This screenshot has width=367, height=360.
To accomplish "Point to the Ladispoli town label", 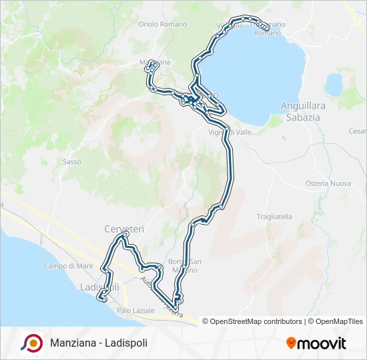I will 99,287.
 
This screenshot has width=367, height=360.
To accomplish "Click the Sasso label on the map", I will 71,161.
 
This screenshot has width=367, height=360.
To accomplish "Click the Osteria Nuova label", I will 328,183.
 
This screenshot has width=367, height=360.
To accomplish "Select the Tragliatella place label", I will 274,217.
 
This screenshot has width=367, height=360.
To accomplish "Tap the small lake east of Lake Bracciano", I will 334,85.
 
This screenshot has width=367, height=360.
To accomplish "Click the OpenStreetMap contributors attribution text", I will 254,321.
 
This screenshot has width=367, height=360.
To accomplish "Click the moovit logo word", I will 322,343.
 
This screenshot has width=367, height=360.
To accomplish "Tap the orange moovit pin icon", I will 291,343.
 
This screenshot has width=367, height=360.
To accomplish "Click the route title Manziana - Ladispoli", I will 99,343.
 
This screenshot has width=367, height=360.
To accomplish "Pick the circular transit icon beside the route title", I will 31,343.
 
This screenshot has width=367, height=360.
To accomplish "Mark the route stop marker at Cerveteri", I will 123,236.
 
